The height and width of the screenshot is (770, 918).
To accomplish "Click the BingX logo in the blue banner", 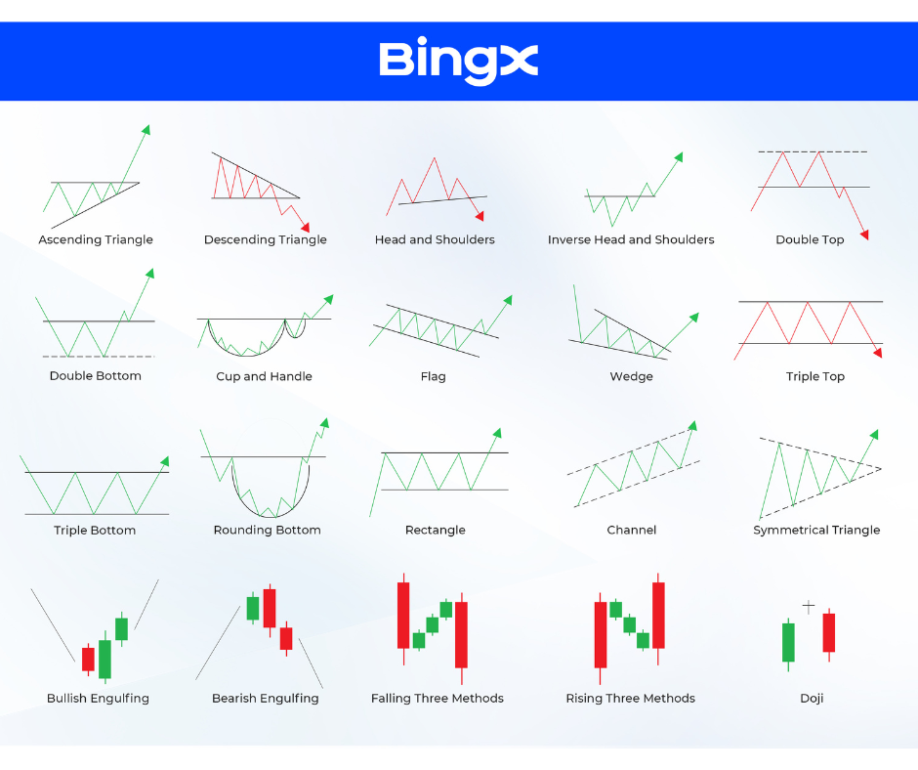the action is (458, 63).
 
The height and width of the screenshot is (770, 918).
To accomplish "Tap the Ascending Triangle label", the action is (96, 239).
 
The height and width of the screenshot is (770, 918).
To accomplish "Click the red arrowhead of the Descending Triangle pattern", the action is (305, 227).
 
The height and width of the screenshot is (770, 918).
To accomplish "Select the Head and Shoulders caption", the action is (435, 239).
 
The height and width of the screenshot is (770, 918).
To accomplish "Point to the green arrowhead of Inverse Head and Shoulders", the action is (679, 156).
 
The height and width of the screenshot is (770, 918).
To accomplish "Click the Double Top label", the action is (810, 239).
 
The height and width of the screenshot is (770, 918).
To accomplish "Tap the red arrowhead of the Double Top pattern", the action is (864, 235).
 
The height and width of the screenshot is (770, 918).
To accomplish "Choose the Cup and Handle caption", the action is (264, 376).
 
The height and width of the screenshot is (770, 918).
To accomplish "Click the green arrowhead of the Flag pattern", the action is (508, 300).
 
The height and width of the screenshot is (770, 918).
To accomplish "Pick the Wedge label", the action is (631, 376).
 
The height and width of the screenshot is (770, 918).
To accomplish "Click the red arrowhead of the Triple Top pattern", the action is (877, 352).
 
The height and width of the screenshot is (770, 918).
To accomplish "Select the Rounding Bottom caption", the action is (267, 531).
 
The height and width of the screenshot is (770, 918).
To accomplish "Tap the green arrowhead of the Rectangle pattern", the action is (497, 433).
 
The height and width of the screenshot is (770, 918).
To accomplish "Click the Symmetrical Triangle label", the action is (816, 531).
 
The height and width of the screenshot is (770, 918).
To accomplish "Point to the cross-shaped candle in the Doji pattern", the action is (809, 607).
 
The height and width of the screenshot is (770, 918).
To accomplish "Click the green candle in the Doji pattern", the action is (789, 643).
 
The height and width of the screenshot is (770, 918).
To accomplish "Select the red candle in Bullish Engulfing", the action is (88, 660).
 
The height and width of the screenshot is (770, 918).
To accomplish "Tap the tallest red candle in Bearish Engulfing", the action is (270, 609).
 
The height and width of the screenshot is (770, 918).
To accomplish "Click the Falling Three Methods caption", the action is (438, 699).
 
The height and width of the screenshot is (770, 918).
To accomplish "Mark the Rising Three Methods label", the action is (631, 699).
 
